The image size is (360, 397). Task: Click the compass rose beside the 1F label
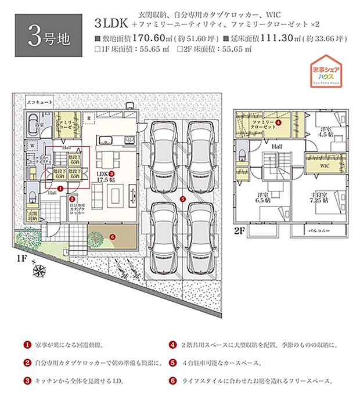pos(41,269)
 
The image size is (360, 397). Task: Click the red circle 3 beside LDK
pos(112,172)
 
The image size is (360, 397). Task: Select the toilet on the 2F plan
pos(242,154)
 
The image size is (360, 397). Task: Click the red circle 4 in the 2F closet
pos(279,122)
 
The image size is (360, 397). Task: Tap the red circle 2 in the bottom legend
pos(27,363)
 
